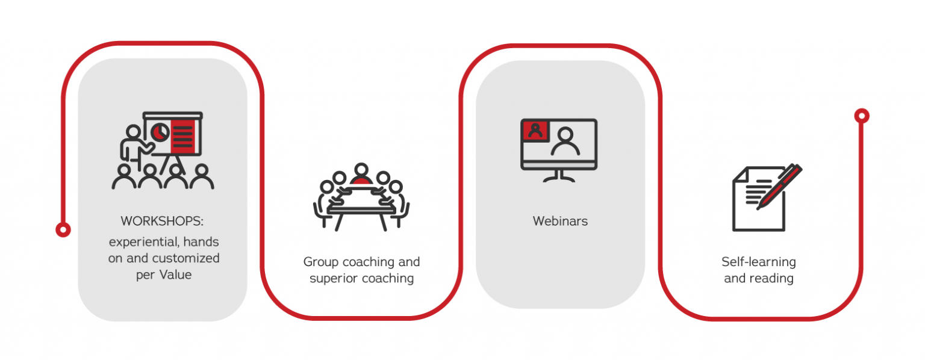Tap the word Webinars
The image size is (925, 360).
point(560,221)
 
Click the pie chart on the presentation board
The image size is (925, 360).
point(160,131)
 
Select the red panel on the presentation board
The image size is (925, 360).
point(183,137)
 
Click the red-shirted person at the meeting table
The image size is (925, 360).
point(361,176)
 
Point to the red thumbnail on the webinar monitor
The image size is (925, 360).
point(534,130)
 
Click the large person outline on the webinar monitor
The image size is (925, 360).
point(565,142)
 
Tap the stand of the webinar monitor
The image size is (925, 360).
point(559,175)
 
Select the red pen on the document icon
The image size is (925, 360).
point(779,187)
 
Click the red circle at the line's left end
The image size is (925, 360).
point(63,229)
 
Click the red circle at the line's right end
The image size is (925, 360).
point(862,116)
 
